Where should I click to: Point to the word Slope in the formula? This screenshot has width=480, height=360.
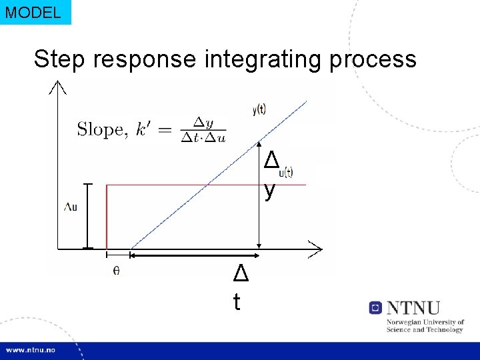(x=100, y=129)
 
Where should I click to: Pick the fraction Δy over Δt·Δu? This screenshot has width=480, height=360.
(x=202, y=129)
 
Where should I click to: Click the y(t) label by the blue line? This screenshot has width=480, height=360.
(x=259, y=111)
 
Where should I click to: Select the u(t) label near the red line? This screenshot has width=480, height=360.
(x=285, y=173)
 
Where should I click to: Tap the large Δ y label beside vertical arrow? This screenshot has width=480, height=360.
(x=270, y=175)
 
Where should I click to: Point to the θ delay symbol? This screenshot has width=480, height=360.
(x=116, y=270)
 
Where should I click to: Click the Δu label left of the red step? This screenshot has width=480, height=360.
(x=70, y=207)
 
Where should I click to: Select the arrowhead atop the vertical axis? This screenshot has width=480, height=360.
(x=58, y=87)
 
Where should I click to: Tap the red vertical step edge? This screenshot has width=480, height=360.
(x=107, y=217)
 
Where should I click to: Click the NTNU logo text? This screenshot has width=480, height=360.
(x=413, y=308)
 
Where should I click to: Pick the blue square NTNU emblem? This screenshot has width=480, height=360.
(x=375, y=308)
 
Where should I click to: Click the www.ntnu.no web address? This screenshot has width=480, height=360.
(x=31, y=350)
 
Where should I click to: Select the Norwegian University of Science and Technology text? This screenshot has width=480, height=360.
(x=425, y=325)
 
